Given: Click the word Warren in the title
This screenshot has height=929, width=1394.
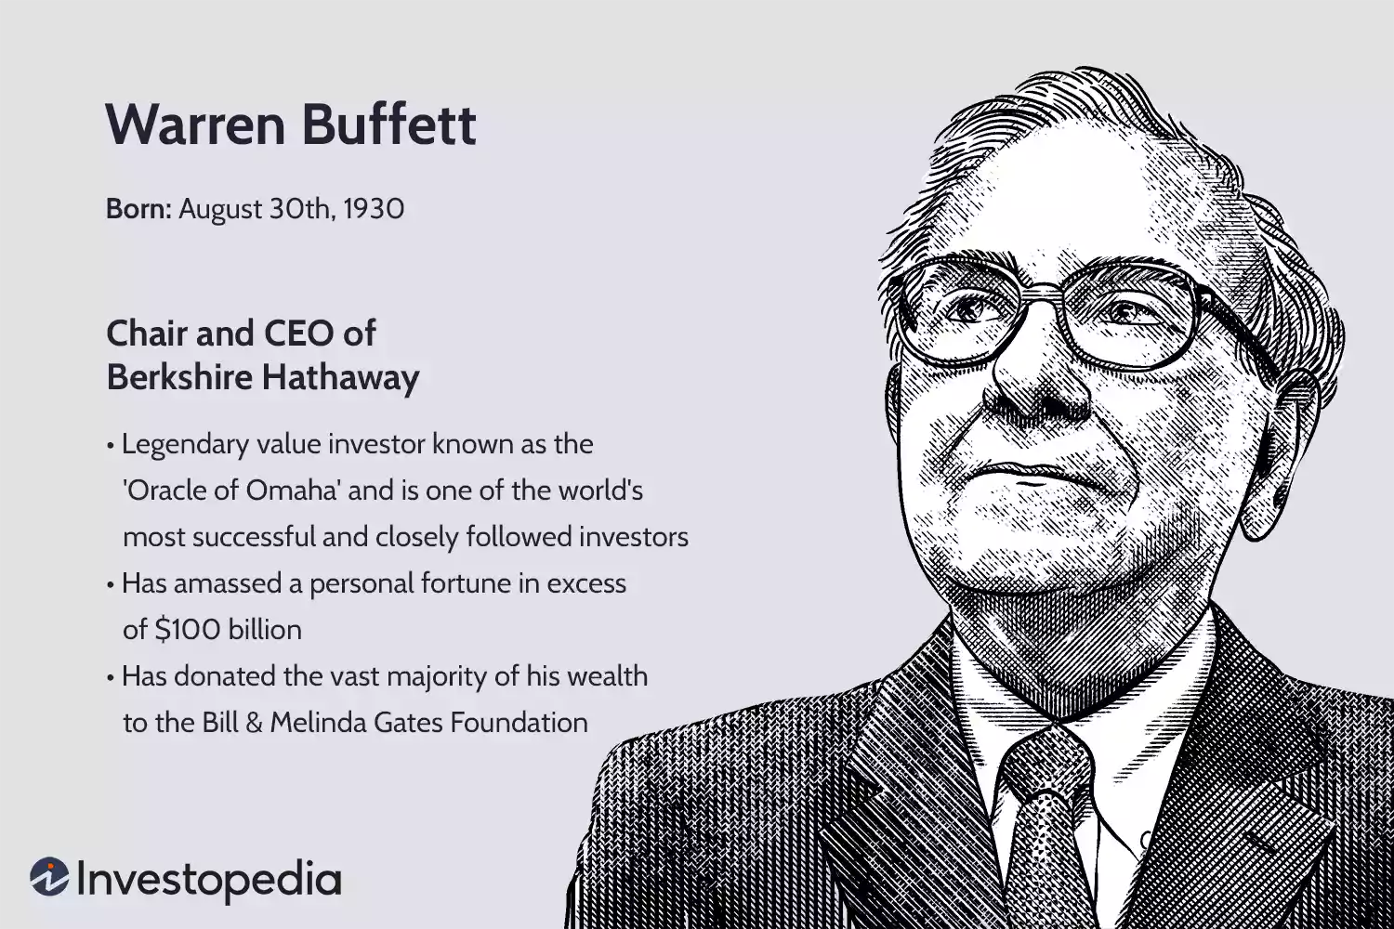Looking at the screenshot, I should [192, 124].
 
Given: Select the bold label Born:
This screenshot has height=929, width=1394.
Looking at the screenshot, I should [138, 208].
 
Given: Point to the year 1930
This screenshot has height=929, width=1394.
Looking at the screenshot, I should [374, 208].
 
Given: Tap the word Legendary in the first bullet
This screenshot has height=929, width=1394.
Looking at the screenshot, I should [186, 444].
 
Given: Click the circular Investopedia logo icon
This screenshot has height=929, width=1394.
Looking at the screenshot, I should [49, 877].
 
